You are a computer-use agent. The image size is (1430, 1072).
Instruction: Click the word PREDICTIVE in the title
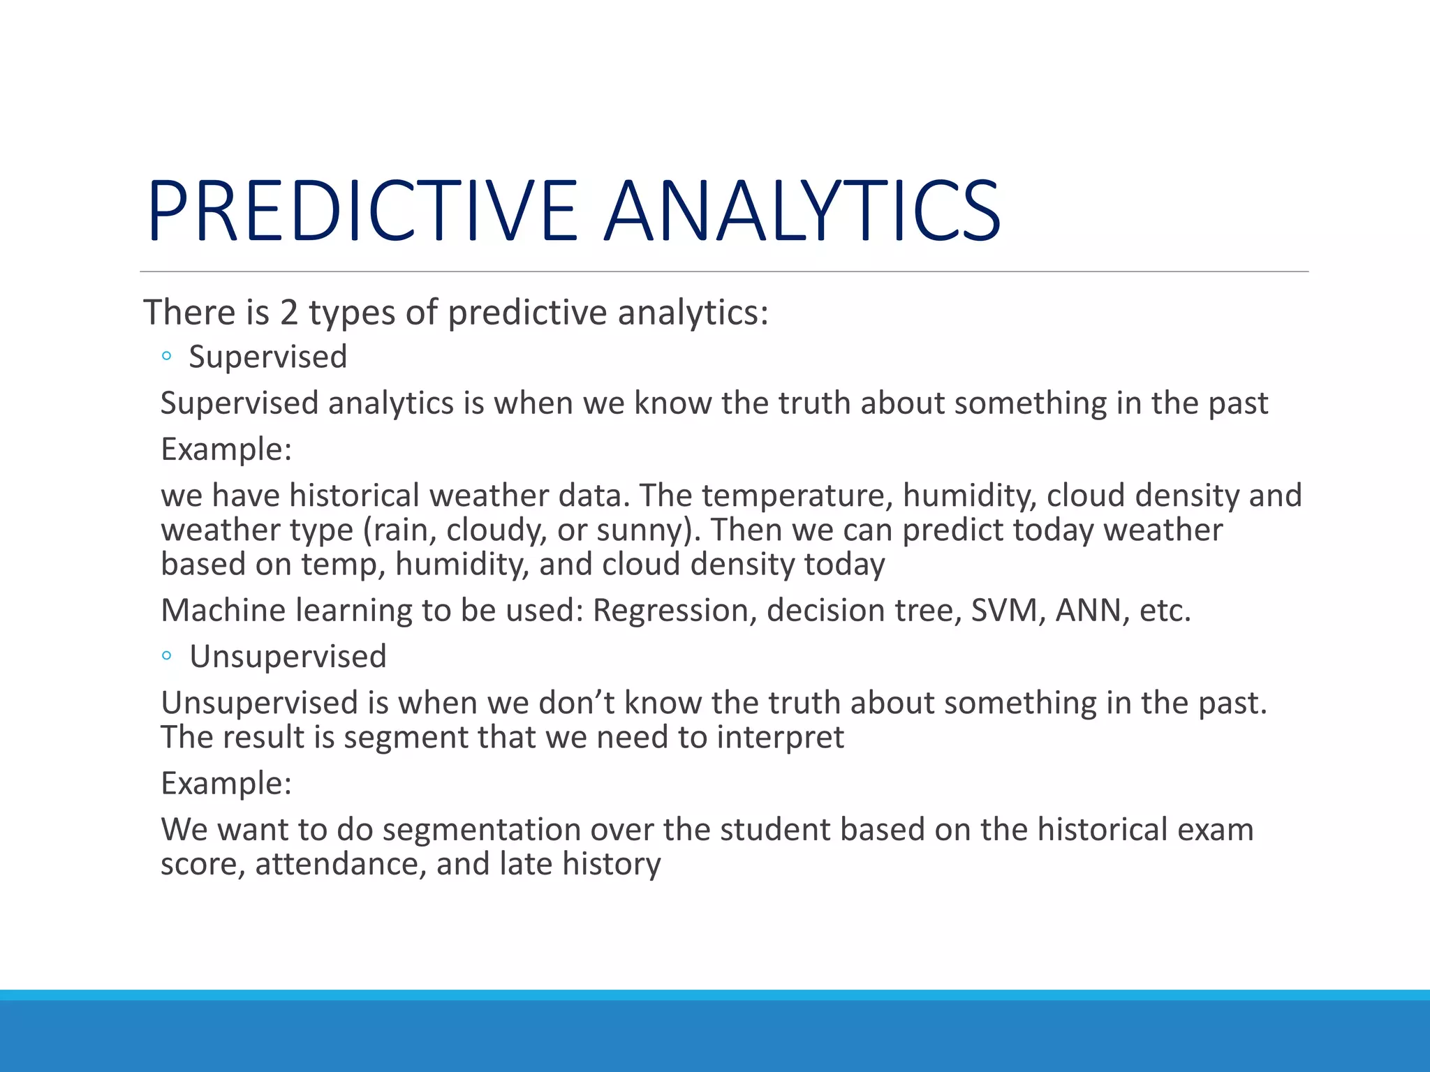tap(362, 211)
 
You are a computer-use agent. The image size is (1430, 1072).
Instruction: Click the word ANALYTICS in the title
tap(802, 211)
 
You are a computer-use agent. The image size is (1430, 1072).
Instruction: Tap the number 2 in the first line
tap(289, 312)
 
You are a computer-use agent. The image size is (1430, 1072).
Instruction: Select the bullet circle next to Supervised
tap(166, 357)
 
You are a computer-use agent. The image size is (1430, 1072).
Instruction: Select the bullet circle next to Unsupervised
tap(166, 655)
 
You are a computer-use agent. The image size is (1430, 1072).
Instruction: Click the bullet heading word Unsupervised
tap(288, 656)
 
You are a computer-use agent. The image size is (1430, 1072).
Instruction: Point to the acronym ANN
tap(1091, 610)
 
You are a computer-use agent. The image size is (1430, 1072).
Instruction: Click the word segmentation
tap(481, 830)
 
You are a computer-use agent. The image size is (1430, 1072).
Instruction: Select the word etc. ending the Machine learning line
tap(1165, 611)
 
